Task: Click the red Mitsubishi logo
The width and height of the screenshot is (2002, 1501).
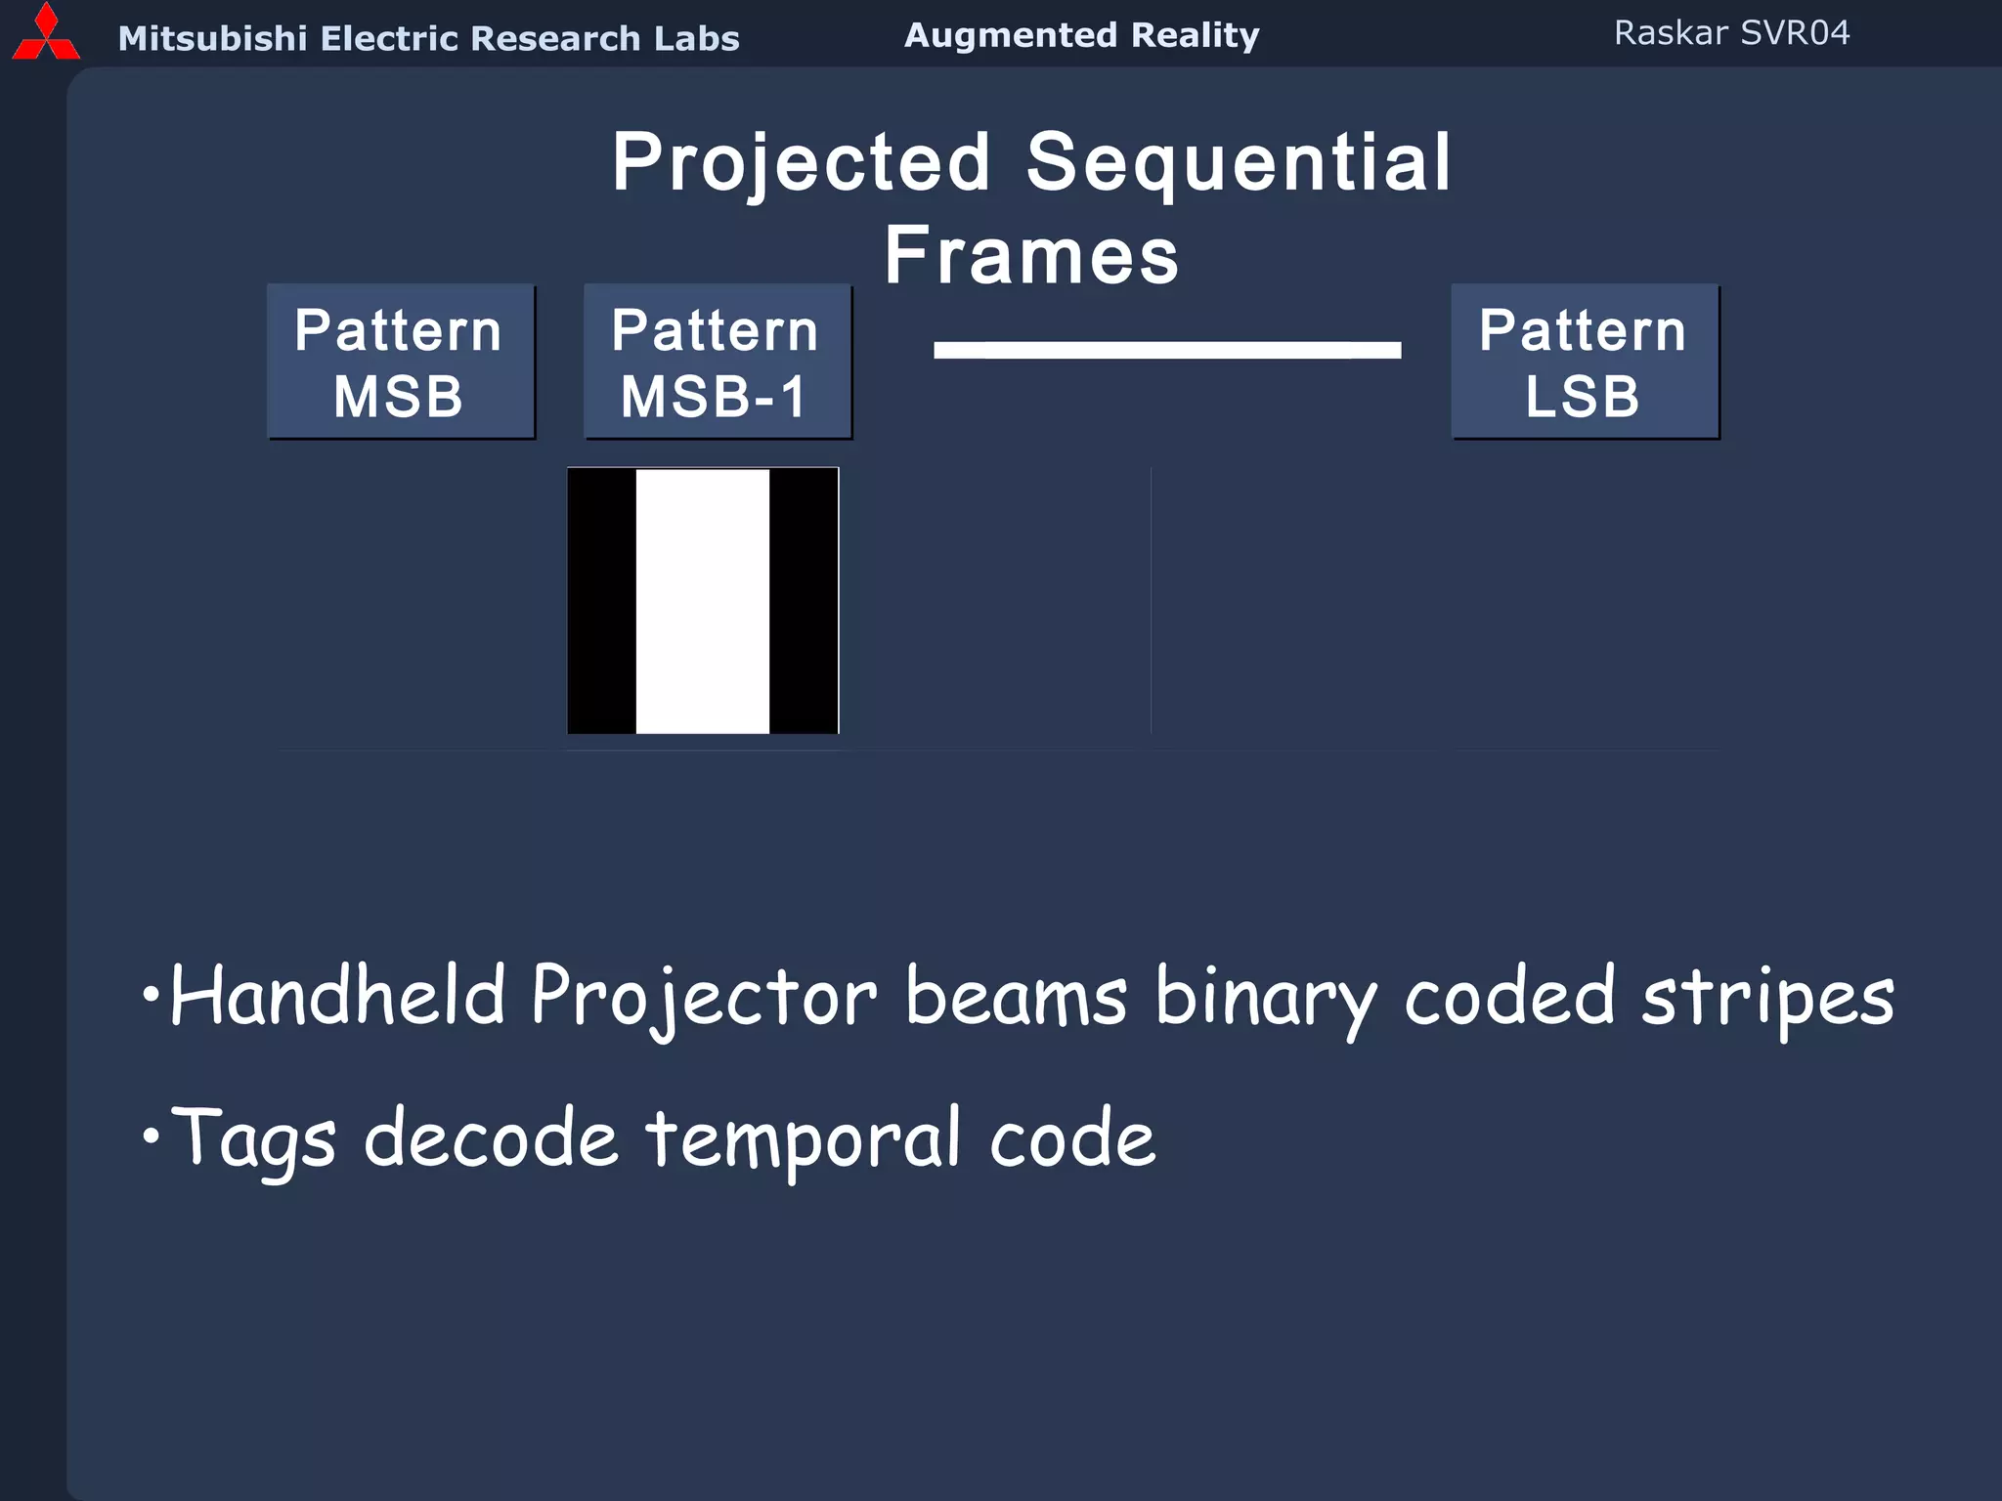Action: (x=45, y=35)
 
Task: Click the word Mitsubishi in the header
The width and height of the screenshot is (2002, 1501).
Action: (x=212, y=39)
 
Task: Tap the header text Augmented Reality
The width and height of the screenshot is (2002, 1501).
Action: (x=1081, y=36)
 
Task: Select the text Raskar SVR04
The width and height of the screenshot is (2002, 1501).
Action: (x=1731, y=33)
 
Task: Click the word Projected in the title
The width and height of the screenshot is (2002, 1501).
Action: (x=802, y=164)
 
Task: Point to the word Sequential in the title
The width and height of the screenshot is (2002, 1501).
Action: (x=1238, y=164)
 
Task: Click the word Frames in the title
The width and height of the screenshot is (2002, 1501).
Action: (x=1031, y=256)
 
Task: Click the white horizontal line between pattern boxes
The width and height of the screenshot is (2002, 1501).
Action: (x=1166, y=350)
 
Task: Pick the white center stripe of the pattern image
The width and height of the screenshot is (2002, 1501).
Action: (x=702, y=601)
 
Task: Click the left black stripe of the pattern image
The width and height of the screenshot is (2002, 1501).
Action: (x=601, y=601)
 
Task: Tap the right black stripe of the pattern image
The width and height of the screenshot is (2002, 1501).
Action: (x=804, y=601)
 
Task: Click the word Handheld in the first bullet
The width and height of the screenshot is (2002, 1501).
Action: (x=337, y=997)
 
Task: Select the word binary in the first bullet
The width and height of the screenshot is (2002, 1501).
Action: (x=1265, y=999)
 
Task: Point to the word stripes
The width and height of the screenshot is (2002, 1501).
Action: (x=1767, y=999)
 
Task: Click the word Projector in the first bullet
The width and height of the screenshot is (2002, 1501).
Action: (x=704, y=999)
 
